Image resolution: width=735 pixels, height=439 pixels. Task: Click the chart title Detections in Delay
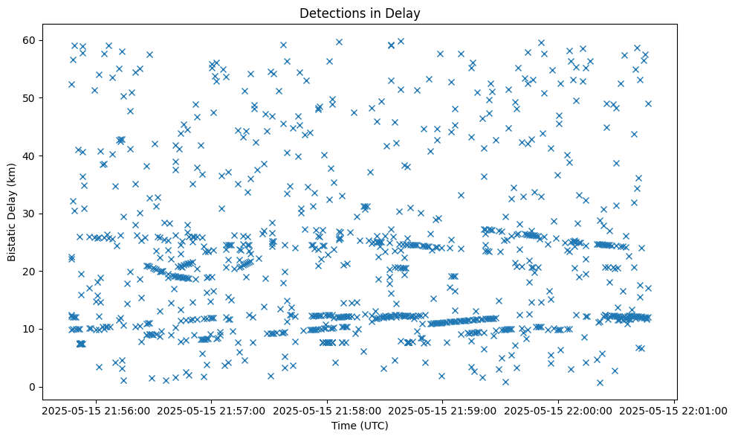click(360, 13)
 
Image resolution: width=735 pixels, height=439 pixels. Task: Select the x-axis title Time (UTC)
click(360, 426)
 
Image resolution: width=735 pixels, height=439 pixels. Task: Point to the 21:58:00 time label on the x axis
click(326, 409)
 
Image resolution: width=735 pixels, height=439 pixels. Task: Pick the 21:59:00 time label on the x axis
click(443, 409)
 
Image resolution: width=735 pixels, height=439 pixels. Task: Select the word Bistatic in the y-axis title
click(13, 239)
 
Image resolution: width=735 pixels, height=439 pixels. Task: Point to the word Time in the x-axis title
click(343, 426)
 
